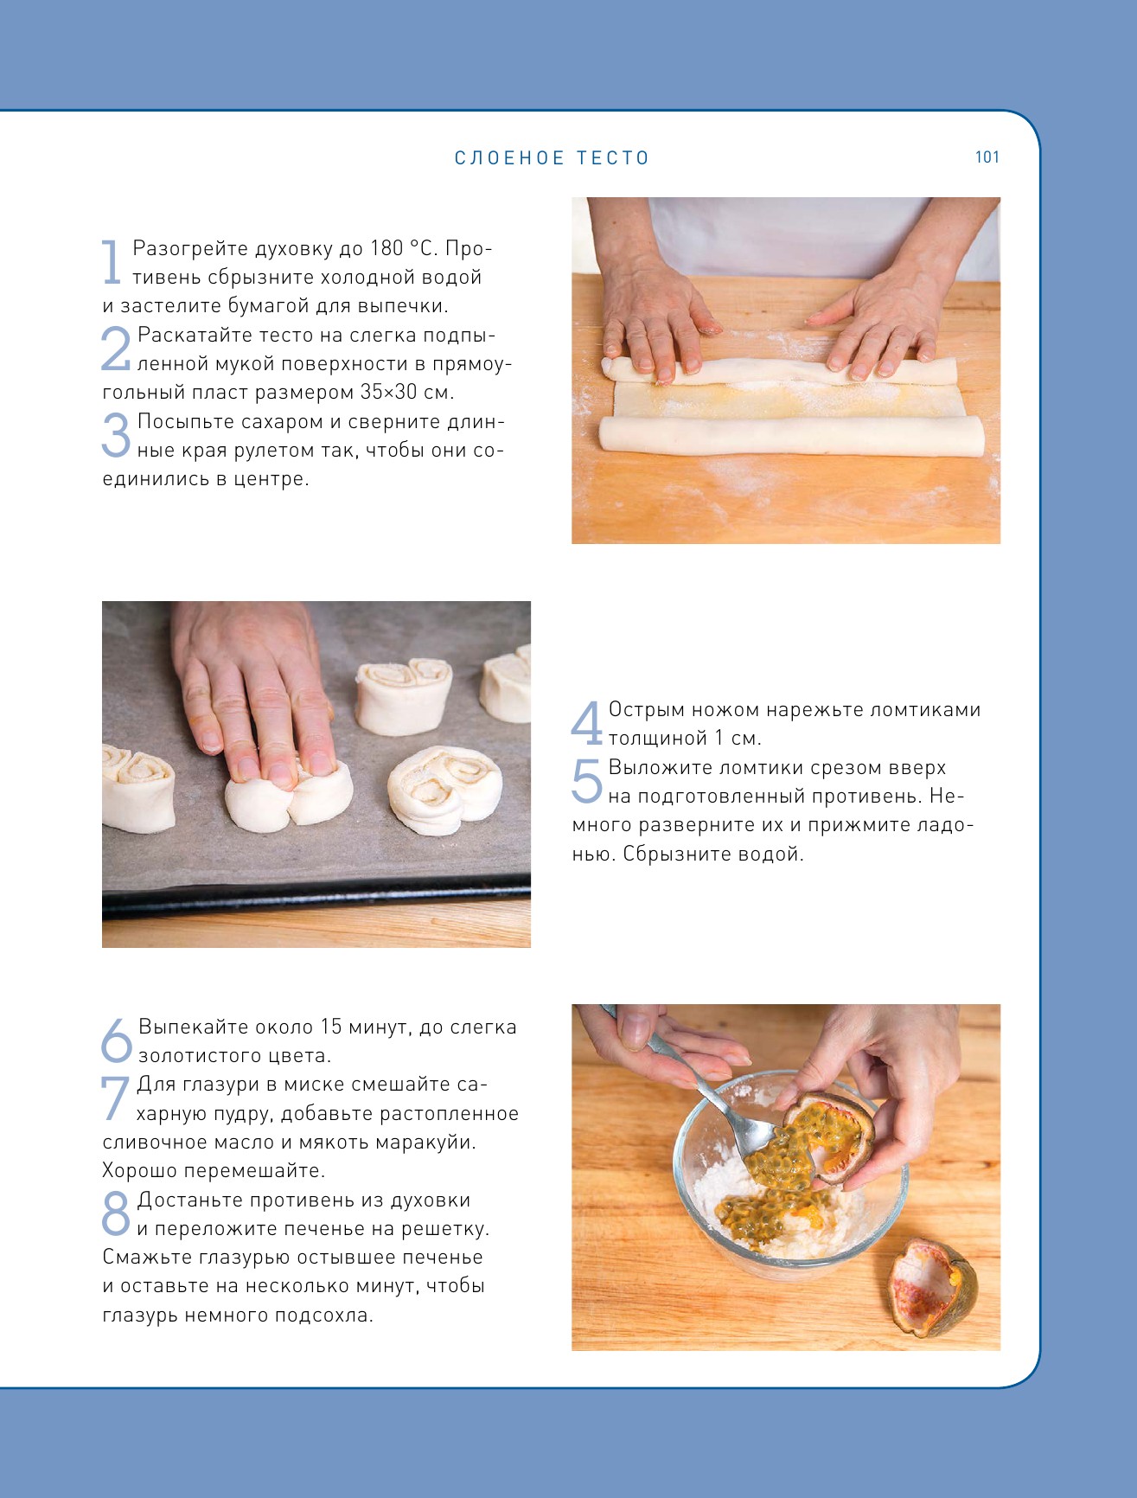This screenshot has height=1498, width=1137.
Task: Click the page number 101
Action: click(x=987, y=157)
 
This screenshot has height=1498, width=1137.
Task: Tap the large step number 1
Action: click(x=112, y=261)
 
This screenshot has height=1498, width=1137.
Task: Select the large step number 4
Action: click(x=586, y=723)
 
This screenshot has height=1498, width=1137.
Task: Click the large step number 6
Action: click(x=117, y=1040)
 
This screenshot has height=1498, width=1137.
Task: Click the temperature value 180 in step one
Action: click(x=386, y=248)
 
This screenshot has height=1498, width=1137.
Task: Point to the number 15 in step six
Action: click(x=331, y=1027)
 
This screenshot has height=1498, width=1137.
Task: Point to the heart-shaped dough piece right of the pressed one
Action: click(x=445, y=790)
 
